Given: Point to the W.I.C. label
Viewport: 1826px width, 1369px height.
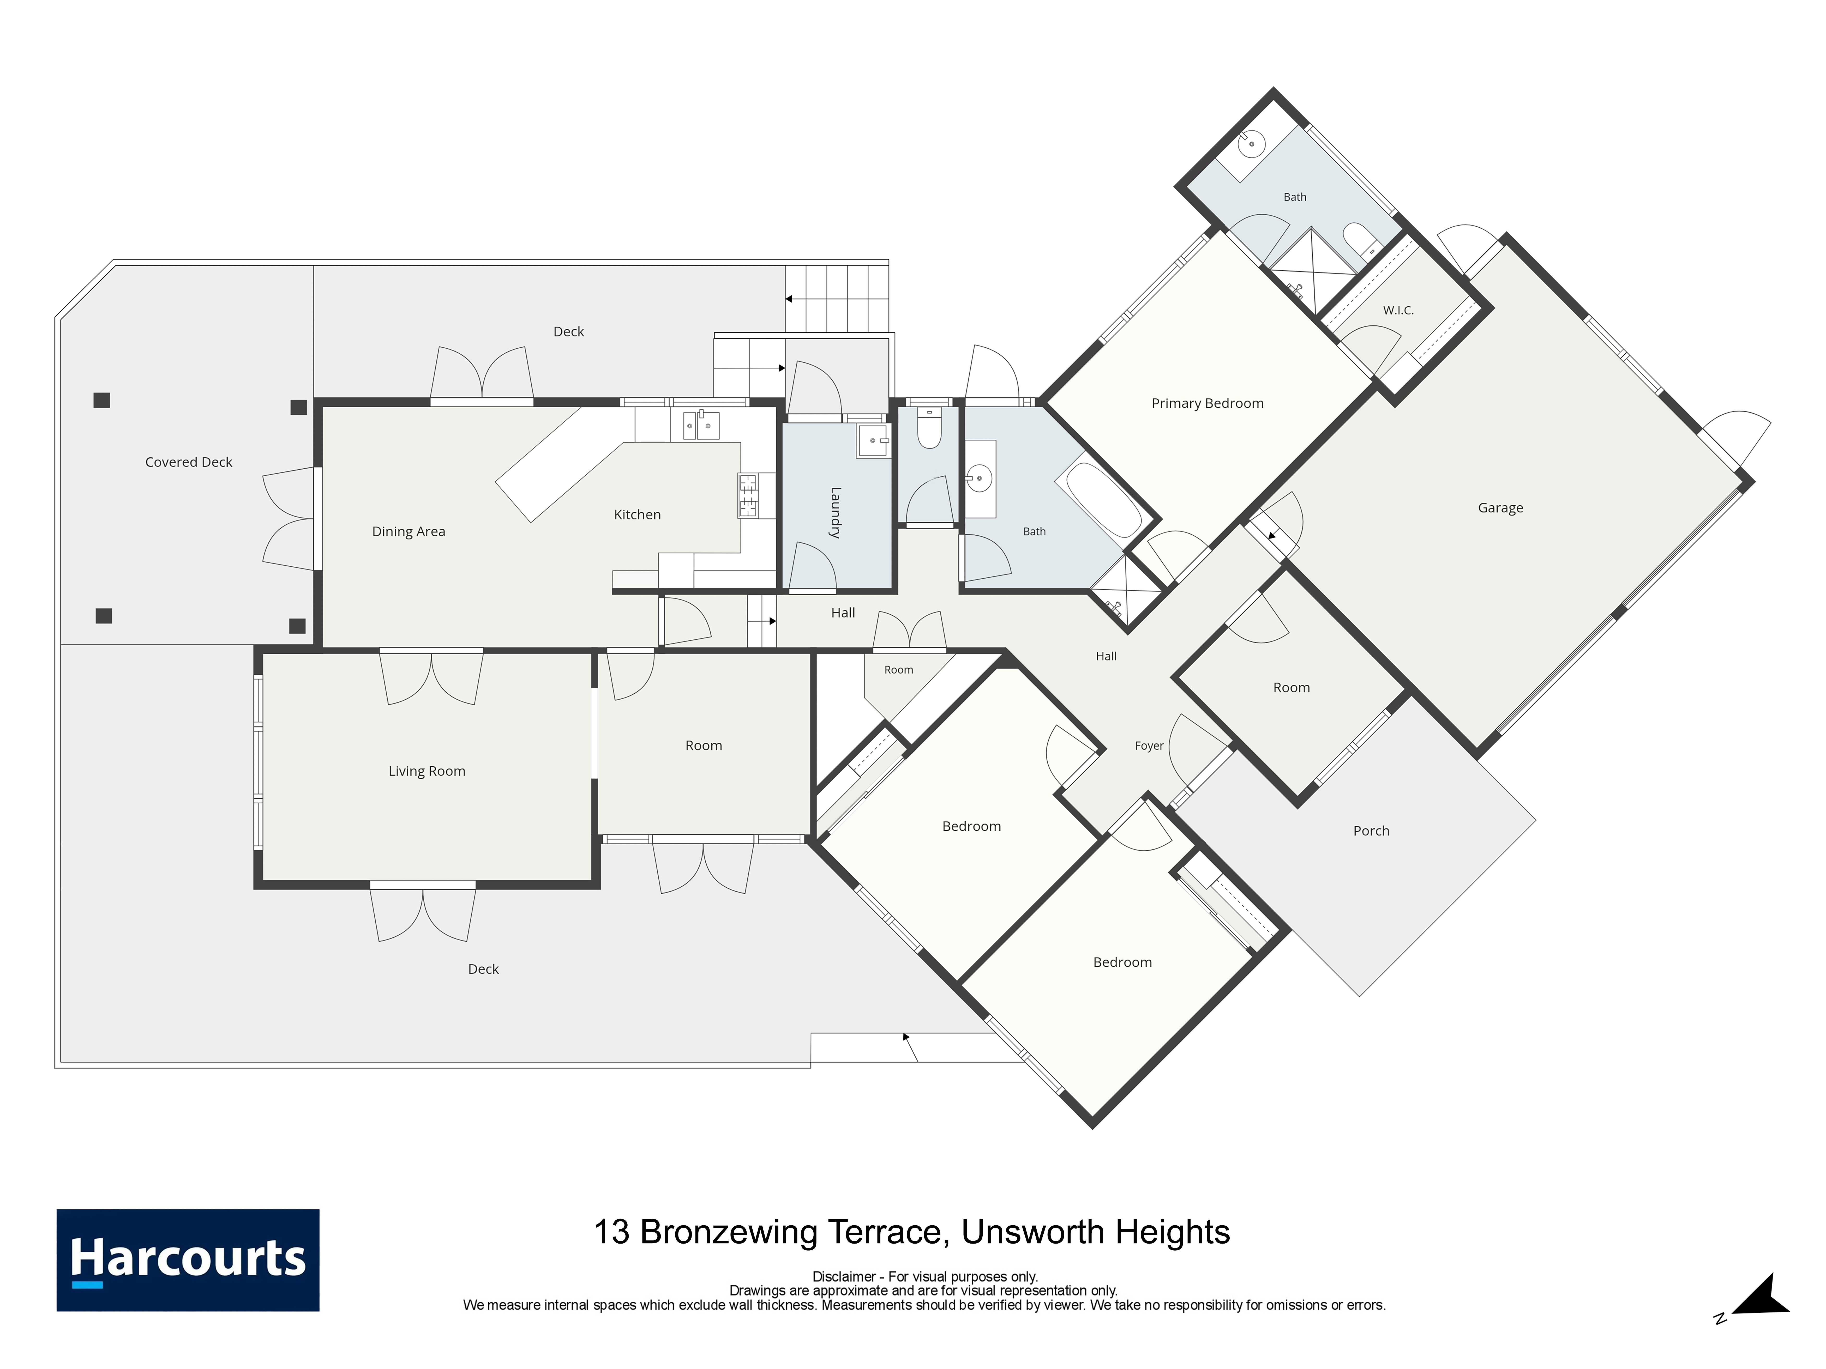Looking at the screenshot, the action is point(1398,310).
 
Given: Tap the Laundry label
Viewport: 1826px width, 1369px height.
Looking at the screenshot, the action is point(836,512).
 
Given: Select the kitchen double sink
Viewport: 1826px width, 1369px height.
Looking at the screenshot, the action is point(700,425).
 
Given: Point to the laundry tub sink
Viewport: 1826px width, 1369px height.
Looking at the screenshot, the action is point(873,441).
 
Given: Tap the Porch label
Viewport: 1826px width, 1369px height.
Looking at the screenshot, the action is point(1371,831).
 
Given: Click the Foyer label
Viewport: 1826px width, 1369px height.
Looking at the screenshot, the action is point(1149,746).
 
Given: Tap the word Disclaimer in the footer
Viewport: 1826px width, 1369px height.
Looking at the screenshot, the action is point(844,1277).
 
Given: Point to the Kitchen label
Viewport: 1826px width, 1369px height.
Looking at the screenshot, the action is point(637,515).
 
